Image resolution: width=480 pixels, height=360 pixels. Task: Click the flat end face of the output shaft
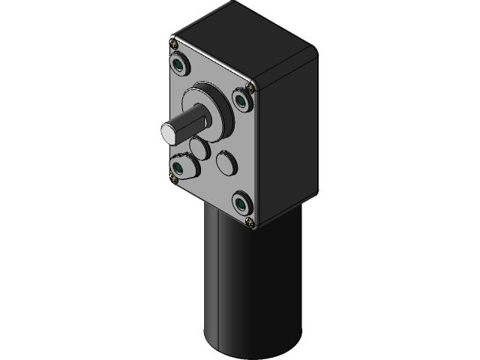tap(168, 132)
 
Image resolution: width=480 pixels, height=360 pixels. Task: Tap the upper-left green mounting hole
tap(180, 64)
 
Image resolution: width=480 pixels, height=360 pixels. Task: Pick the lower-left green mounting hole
tap(179, 164)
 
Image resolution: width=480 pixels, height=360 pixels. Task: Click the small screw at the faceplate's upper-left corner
tap(175, 49)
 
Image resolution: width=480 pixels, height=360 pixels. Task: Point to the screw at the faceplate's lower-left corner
tap(175, 178)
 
